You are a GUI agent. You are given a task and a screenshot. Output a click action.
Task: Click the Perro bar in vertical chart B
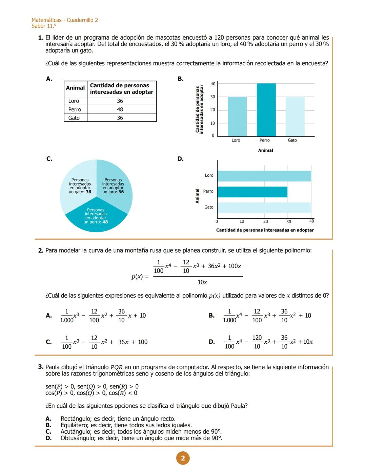click(x=266, y=110)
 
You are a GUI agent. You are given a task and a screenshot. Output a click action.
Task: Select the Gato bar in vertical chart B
click(x=295, y=116)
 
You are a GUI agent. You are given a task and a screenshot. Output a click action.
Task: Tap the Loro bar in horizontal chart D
click(x=264, y=176)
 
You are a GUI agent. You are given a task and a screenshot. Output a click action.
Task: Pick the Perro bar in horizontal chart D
click(x=252, y=192)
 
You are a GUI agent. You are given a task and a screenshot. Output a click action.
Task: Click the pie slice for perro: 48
click(x=96, y=218)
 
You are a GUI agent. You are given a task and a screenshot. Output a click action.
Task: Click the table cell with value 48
click(x=120, y=109)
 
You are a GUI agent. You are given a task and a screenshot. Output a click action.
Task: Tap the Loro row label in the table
click(x=74, y=101)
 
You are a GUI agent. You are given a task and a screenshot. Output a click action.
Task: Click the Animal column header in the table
click(x=75, y=88)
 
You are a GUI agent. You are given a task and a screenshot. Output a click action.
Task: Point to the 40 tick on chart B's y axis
click(x=212, y=84)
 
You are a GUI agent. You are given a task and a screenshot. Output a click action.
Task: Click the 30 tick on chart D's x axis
click(x=288, y=222)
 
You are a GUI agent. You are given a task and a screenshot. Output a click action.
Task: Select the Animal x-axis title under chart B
click(x=265, y=150)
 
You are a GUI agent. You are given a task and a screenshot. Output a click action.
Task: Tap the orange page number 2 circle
click(x=183, y=458)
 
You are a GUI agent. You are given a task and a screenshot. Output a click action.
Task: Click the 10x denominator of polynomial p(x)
click(x=202, y=282)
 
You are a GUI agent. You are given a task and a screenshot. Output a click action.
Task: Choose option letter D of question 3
click(x=48, y=438)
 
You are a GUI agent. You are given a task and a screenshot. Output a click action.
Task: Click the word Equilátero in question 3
click(x=74, y=425)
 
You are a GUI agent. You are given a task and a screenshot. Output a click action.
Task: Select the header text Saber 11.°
click(x=44, y=26)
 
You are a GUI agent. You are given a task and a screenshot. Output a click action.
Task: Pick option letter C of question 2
click(x=49, y=342)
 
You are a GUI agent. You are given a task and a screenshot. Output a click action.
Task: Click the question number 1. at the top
click(x=41, y=38)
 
